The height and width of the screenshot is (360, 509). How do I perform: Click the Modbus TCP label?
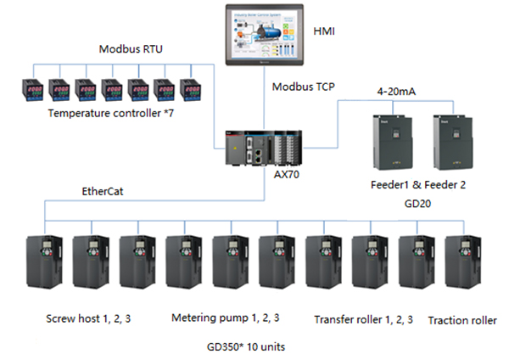click(303, 87)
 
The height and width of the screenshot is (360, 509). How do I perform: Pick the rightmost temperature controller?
click(191, 90)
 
